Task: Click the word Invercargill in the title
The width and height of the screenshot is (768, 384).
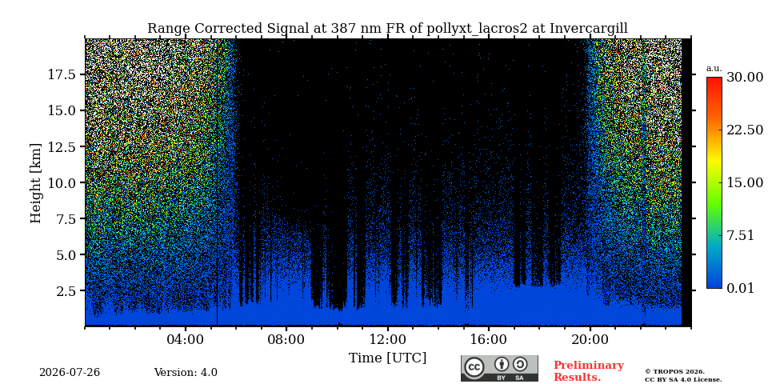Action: (588, 29)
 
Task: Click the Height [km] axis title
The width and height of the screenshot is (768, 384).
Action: (36, 183)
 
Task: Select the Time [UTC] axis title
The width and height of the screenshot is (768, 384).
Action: (387, 358)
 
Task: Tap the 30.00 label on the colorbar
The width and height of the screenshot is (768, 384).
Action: (745, 78)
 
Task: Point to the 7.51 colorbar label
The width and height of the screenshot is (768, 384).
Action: (741, 235)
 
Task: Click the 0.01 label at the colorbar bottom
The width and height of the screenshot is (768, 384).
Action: (741, 288)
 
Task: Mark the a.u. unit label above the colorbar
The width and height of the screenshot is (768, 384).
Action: (714, 69)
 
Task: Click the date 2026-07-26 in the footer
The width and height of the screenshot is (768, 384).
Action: (70, 373)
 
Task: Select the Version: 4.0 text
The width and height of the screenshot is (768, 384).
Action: (186, 373)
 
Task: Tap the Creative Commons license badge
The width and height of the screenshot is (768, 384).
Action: (499, 368)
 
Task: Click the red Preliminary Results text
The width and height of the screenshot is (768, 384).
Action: (589, 371)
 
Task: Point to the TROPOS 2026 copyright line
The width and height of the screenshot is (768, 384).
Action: (674, 372)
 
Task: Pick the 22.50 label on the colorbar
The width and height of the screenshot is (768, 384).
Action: (745, 130)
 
